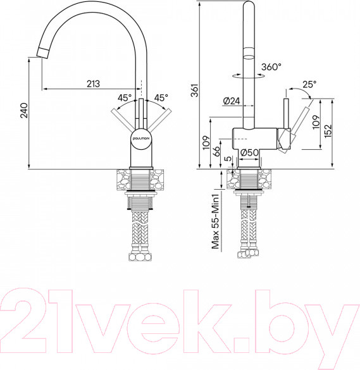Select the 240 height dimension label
point(23,112)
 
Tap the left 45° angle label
point(125,98)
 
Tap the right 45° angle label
point(161,98)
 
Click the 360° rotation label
point(271,66)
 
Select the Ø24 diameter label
point(231,100)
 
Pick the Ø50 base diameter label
point(249,151)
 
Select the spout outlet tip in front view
point(40,52)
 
